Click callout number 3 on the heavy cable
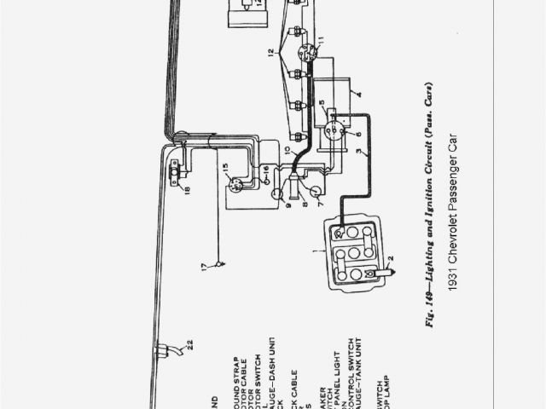pyautogui.click(x=364, y=154)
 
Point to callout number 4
pyautogui.click(x=359, y=95)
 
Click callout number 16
pyautogui.click(x=267, y=170)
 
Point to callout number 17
pyautogui.click(x=205, y=268)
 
